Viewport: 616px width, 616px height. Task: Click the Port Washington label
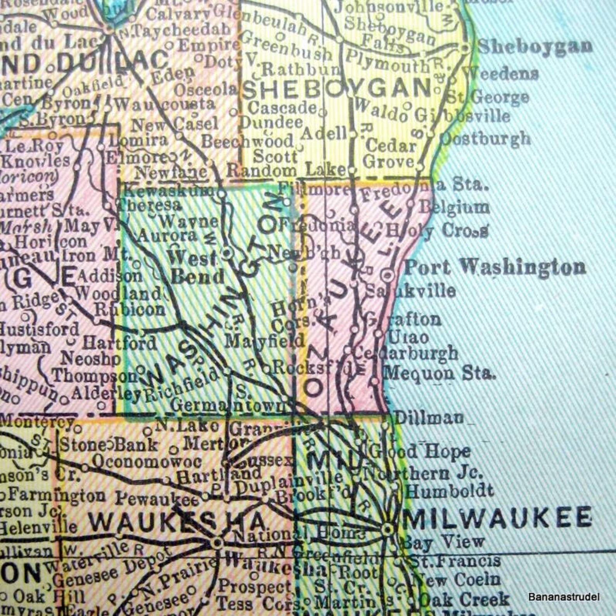(495, 267)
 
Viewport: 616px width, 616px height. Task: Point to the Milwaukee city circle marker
(388, 529)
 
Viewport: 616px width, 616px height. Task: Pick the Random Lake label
(286, 170)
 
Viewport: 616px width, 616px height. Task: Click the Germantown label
(229, 406)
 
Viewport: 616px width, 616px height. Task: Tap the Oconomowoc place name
(147, 461)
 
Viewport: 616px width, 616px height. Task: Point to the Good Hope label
(419, 452)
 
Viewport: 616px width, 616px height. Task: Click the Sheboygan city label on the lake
(535, 47)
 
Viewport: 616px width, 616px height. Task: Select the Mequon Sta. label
(440, 373)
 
